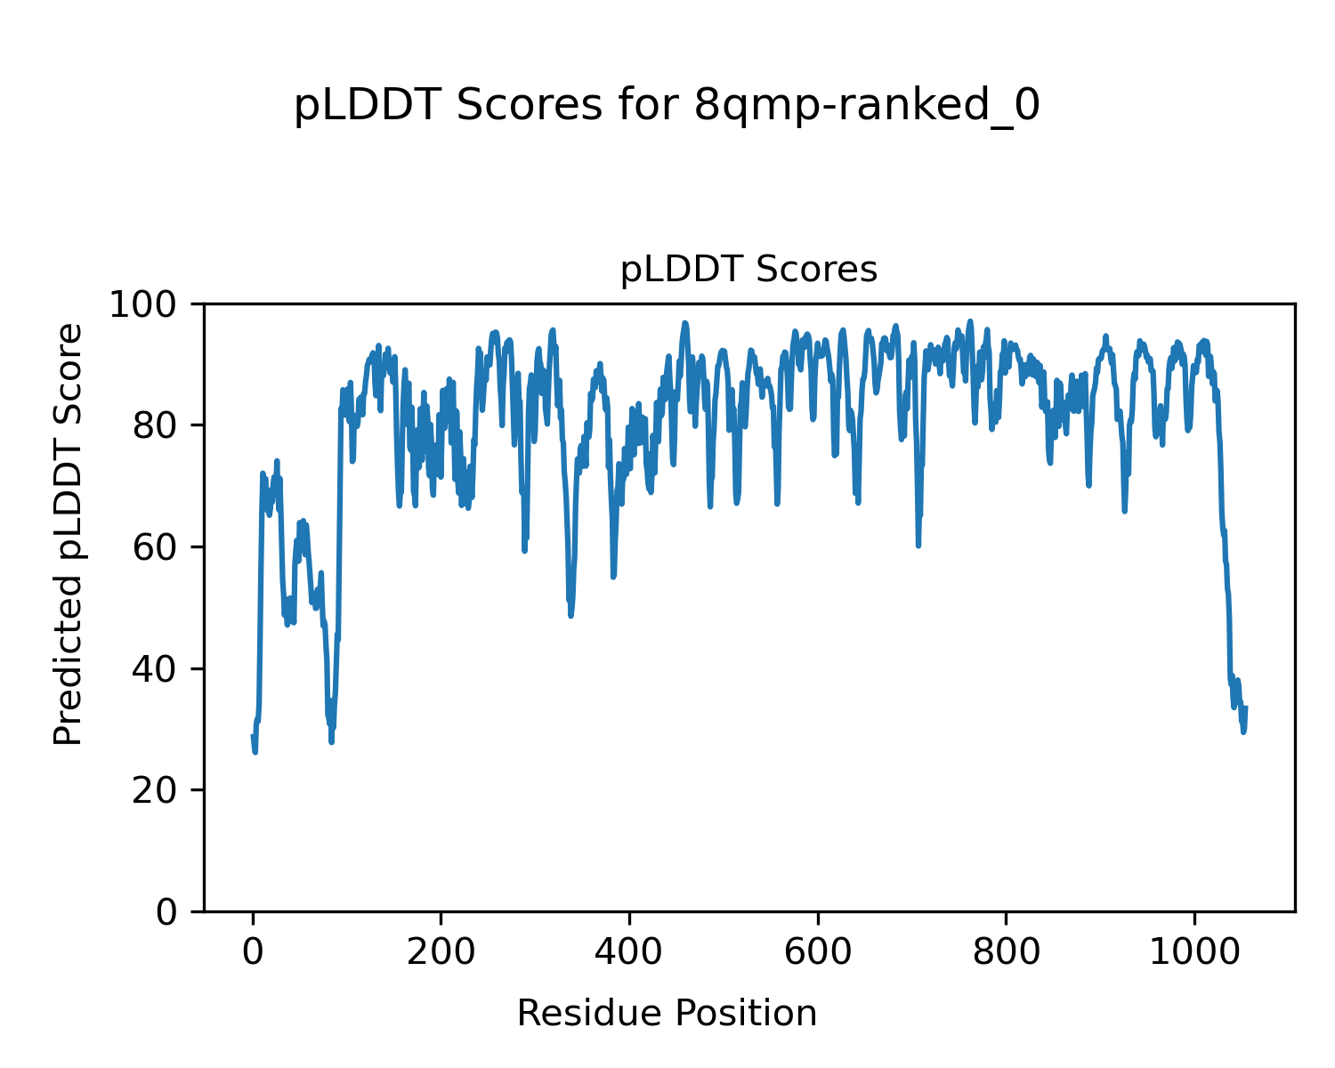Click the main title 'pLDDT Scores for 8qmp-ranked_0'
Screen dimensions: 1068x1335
click(x=667, y=107)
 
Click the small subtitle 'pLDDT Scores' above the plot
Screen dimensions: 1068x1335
click(x=748, y=270)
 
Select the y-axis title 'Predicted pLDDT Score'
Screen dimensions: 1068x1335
click(x=69, y=534)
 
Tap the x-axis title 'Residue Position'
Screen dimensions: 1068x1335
click(x=667, y=1014)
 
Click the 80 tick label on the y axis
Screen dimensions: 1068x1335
click(x=163, y=426)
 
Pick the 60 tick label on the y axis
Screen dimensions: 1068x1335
click(x=163, y=547)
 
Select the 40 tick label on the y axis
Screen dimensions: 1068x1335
click(x=163, y=669)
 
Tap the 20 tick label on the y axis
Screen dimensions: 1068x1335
click(x=163, y=790)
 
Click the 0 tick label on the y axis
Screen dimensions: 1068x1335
click(x=174, y=912)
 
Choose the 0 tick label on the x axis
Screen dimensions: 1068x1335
click(x=253, y=952)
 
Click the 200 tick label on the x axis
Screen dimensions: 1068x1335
click(x=441, y=952)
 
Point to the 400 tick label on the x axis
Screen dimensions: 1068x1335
click(x=629, y=952)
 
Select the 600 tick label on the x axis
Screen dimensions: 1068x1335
click(x=817, y=952)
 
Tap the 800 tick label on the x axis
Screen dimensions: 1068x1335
click(x=1006, y=952)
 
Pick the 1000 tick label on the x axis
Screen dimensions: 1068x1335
click(x=1193, y=952)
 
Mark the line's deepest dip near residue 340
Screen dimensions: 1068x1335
click(x=570, y=615)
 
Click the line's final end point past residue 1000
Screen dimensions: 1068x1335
click(x=1245, y=708)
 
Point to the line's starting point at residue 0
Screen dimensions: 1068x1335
click(x=253, y=736)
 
